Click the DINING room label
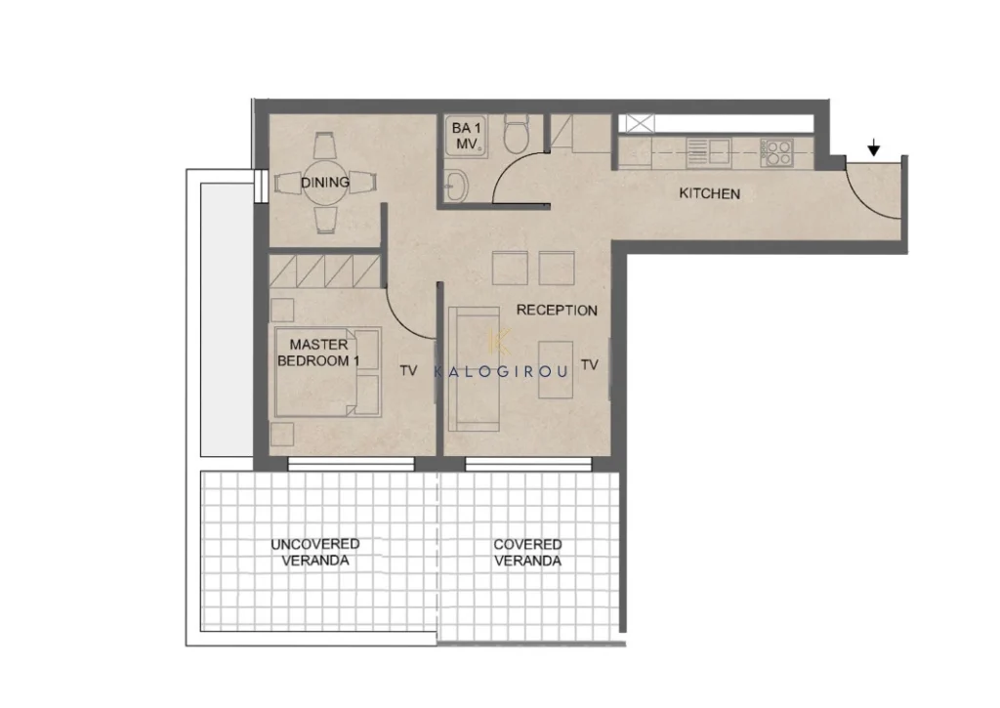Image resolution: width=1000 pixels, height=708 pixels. coord(325,183)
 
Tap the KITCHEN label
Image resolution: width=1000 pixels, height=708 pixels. coord(709,193)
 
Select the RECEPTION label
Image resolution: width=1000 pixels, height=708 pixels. coord(557,310)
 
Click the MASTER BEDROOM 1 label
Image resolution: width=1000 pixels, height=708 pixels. coord(318,353)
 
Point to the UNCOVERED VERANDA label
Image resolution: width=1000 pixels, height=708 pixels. coord(315,553)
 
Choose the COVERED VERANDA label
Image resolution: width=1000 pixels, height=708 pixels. coord(527,553)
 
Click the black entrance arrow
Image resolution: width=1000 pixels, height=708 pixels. coord(874,148)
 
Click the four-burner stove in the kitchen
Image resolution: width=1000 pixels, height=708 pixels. coord(776,153)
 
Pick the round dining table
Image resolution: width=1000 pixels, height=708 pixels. coord(325,183)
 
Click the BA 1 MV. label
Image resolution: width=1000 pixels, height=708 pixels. coord(467,136)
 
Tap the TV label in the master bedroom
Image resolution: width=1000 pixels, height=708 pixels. coord(408,370)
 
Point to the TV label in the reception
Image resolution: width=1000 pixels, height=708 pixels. coord(589,365)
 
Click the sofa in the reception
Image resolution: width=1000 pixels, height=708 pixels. coord(474,369)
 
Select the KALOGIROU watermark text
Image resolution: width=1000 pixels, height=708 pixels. coord(501,371)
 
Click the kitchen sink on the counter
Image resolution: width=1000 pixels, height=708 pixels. coord(708,153)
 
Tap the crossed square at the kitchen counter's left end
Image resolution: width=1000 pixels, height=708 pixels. coord(640,123)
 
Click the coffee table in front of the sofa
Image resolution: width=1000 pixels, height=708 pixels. coord(556,370)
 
